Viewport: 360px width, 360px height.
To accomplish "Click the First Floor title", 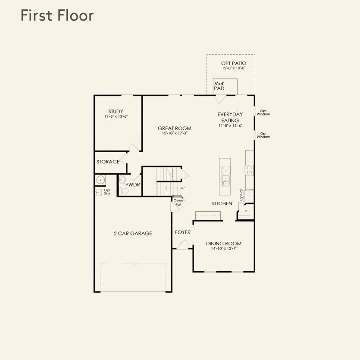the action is point(57,16).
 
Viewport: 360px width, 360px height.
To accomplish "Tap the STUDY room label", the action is point(116,111).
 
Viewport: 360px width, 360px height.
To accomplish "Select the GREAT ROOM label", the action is point(175,128).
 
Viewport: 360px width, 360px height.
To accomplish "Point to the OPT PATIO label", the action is point(234,63).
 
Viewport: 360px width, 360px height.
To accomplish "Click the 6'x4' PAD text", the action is point(219,86).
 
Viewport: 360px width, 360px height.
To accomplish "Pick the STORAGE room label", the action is point(108,162).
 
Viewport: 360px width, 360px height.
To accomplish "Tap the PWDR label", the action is point(132,185).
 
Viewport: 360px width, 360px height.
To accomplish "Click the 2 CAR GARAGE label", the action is point(133,234).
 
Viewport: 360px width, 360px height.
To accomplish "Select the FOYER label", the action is point(182,232).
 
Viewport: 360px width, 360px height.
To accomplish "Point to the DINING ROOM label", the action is point(224,244).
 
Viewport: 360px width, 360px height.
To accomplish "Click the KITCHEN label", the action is point(222,203).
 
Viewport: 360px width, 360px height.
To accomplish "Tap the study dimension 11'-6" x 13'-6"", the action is point(116,116).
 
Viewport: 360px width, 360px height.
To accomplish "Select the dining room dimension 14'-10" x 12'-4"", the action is point(224,248).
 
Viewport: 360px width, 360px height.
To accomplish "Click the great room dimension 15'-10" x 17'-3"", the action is point(175,133).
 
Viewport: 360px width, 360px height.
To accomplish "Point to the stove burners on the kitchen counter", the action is point(249,170).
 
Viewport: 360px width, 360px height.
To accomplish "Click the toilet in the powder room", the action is point(124,191).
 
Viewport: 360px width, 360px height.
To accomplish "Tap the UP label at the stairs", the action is point(183,188).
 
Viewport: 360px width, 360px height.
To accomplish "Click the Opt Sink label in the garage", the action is point(107,192).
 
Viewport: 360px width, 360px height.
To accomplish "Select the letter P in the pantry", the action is point(245,211).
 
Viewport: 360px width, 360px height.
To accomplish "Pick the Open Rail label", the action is point(178,202).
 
